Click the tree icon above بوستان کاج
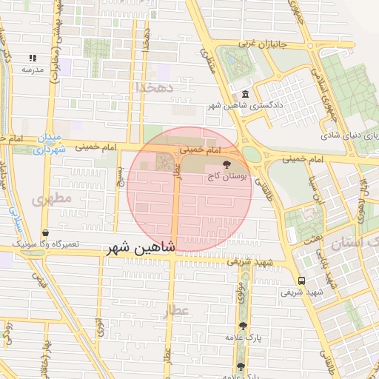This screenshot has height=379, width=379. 226,164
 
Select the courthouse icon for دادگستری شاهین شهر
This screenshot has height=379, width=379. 245,94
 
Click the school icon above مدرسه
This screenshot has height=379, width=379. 33,57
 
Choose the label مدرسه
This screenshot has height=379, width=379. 33,70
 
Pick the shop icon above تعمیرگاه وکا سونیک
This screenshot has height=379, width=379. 46,232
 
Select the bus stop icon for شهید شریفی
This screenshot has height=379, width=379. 301,281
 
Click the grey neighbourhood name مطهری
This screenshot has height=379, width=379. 53,198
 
